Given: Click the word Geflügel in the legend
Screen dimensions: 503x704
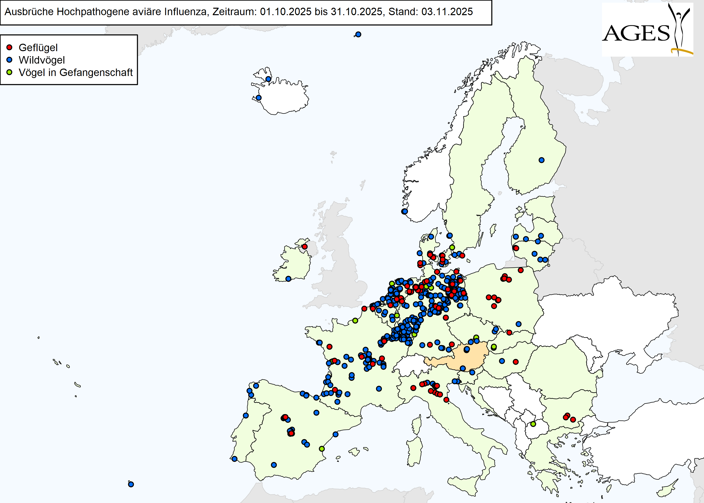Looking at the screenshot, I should (x=38, y=48).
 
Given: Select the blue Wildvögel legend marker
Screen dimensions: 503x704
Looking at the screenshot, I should (x=9, y=60).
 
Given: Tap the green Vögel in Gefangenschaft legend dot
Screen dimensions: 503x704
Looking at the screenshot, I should (x=9, y=72).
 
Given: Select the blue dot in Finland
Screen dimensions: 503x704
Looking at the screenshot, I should (x=541, y=160).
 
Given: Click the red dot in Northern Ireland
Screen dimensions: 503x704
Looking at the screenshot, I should (x=305, y=247).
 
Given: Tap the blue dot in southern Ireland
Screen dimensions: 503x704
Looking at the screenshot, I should (x=288, y=279).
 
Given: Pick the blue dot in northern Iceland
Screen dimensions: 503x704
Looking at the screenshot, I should (x=268, y=79).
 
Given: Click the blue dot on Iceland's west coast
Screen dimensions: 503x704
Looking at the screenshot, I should (x=259, y=98).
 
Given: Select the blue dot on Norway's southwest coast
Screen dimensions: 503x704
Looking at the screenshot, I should (x=405, y=211).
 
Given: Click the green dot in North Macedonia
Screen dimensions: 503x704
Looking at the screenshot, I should (x=533, y=424).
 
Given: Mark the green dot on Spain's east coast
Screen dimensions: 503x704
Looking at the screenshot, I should (x=322, y=449).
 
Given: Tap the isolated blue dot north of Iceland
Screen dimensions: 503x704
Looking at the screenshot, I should (x=358, y=34).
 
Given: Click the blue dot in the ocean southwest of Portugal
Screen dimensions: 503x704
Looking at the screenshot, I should (x=131, y=484).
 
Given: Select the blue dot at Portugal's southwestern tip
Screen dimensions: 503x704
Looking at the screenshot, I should (x=234, y=459).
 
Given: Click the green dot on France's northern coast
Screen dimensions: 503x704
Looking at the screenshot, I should (x=355, y=321).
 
